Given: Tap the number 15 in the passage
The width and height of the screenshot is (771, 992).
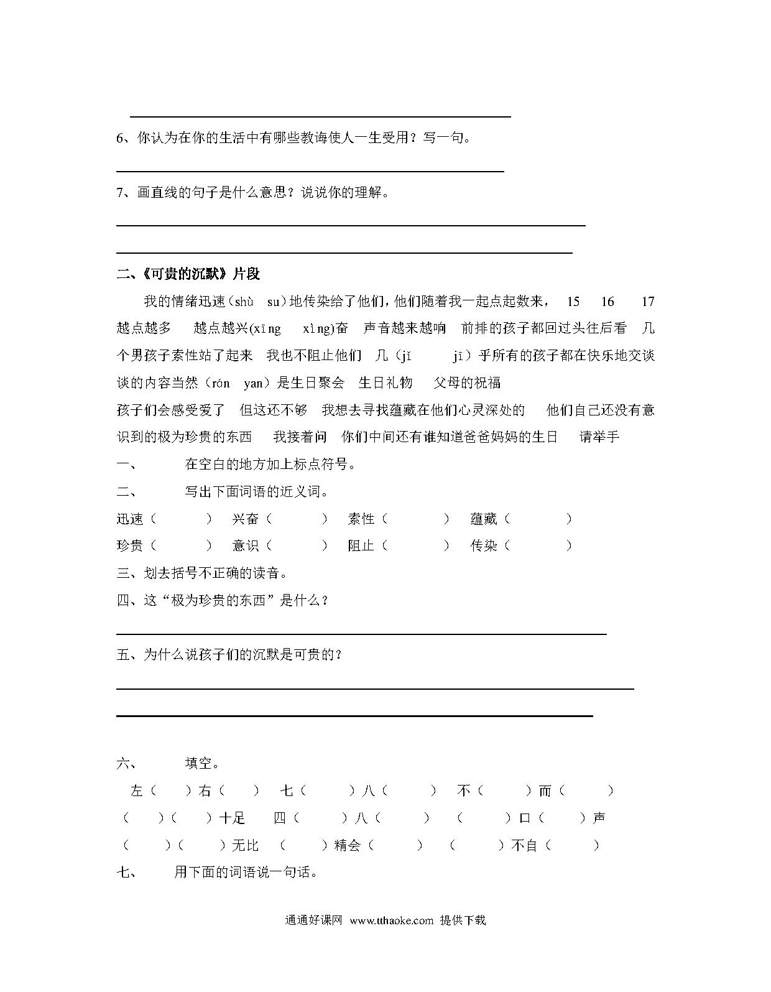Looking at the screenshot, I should pyautogui.click(x=573, y=302).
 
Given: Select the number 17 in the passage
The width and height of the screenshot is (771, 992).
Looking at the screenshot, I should pyautogui.click(x=648, y=302).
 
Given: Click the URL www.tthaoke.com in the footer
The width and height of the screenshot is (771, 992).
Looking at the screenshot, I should pyautogui.click(x=391, y=920).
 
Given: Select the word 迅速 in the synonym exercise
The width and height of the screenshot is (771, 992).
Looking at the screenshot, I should pyautogui.click(x=130, y=519).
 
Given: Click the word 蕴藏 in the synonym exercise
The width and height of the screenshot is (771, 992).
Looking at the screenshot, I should pyautogui.click(x=484, y=519).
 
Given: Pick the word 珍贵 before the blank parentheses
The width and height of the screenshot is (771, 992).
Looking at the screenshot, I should pyautogui.click(x=130, y=545).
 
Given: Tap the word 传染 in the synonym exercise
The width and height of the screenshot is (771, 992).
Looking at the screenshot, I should pyautogui.click(x=484, y=545).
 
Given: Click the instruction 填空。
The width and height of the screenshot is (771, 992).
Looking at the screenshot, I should pyautogui.click(x=202, y=763).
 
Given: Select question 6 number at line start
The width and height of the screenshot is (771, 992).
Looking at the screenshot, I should pyautogui.click(x=121, y=138).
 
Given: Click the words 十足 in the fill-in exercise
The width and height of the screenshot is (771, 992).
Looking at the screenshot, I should pyautogui.click(x=233, y=818).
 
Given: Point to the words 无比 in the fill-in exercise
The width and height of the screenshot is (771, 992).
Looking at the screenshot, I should pyautogui.click(x=245, y=845).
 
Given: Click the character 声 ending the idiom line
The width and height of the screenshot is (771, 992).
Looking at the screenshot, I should pyautogui.click(x=599, y=818).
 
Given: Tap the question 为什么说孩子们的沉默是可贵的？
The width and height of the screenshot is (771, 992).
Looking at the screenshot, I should pyautogui.click(x=242, y=654).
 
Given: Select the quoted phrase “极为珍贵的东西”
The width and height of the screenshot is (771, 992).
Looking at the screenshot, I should pyautogui.click(x=218, y=600).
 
